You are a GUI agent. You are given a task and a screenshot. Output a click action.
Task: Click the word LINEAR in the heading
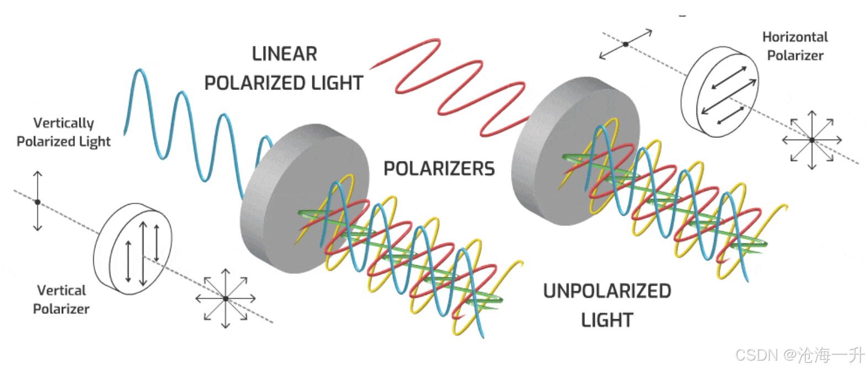(x=284, y=54)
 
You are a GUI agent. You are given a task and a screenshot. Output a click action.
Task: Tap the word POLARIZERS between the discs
(x=439, y=169)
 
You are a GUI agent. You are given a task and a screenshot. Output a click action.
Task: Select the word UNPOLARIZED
(x=607, y=291)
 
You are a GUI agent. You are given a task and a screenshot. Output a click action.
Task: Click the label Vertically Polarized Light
(x=63, y=132)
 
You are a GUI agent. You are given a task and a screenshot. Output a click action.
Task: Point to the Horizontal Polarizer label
(x=795, y=46)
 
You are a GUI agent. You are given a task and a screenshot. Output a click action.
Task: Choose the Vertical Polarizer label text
(x=61, y=299)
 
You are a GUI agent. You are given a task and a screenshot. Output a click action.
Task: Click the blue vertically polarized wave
(x=182, y=127)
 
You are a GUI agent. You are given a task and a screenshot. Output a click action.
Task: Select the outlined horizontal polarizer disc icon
(x=719, y=92)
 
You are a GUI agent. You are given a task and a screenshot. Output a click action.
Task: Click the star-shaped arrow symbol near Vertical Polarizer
(x=226, y=298)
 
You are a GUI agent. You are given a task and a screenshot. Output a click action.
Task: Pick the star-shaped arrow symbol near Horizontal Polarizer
(x=812, y=140)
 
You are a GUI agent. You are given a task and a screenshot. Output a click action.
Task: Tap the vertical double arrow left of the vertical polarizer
(x=38, y=201)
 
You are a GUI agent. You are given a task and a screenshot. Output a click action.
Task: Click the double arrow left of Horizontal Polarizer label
(x=626, y=44)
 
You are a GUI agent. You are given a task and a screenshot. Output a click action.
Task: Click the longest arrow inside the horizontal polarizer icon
(x=728, y=96)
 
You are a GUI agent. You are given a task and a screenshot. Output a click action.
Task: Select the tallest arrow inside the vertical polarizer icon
(x=143, y=253)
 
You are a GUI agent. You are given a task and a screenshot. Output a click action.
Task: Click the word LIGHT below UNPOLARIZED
(x=607, y=320)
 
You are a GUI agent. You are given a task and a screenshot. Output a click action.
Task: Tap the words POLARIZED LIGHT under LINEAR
(x=284, y=83)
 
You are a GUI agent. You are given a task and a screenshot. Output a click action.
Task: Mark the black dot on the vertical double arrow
(x=38, y=202)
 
